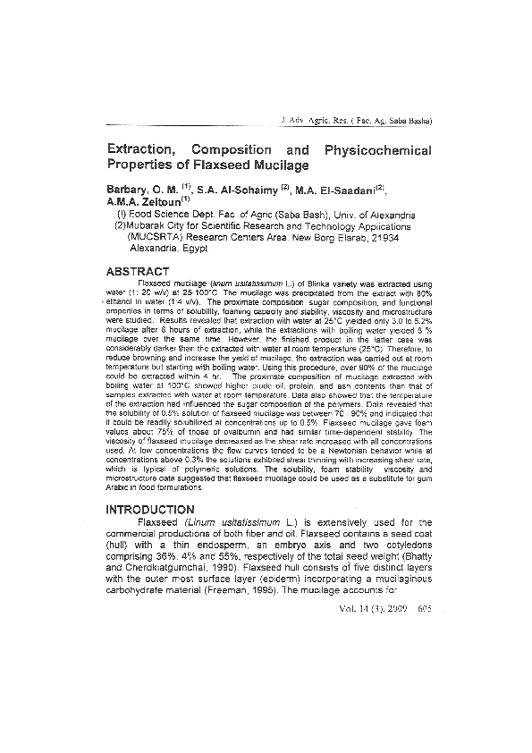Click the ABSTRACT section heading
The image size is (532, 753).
138,271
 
